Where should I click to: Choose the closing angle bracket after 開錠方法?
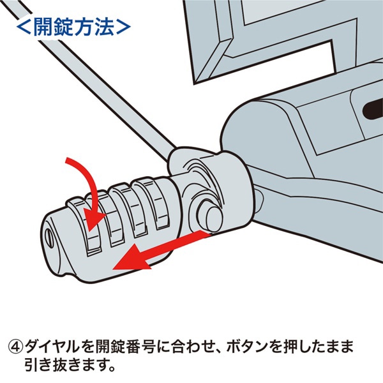tap(122, 27)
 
